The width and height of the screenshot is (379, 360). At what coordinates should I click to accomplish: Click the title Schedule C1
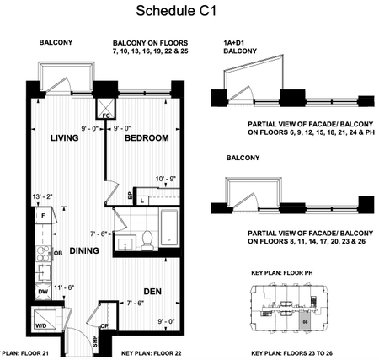coord(189,12)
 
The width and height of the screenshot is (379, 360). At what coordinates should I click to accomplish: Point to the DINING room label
coord(86,250)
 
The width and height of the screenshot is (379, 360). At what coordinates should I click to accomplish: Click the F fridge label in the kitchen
coord(41,216)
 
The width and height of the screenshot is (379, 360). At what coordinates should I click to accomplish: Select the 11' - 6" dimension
coord(63,288)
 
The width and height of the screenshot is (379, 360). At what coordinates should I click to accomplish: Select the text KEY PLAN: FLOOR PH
coord(286,275)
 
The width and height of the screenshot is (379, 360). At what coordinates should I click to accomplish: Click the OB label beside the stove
coord(58,253)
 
